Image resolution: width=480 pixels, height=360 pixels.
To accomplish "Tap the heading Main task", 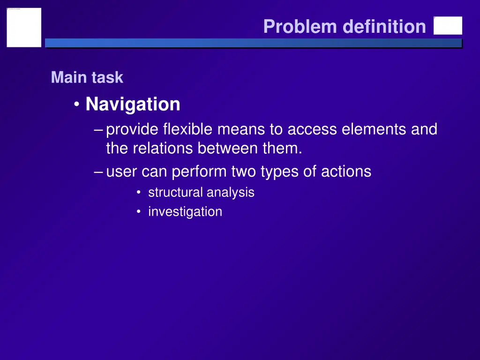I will click(87, 77).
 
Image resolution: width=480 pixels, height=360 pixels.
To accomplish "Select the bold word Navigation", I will click(133, 104).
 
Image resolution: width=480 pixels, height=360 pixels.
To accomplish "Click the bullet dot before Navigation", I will click(77, 105).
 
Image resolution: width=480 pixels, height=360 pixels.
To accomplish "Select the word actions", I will click(346, 172).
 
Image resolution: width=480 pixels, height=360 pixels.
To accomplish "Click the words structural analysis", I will click(201, 193).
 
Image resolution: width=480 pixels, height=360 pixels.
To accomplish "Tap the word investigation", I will click(185, 212).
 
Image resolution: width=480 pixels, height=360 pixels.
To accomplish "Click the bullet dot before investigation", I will click(138, 212).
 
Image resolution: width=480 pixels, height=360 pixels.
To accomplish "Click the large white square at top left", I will click(24, 27).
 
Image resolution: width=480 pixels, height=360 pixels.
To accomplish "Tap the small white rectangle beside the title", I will click(448, 26).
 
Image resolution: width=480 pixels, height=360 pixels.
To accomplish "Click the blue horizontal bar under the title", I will click(253, 43).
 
